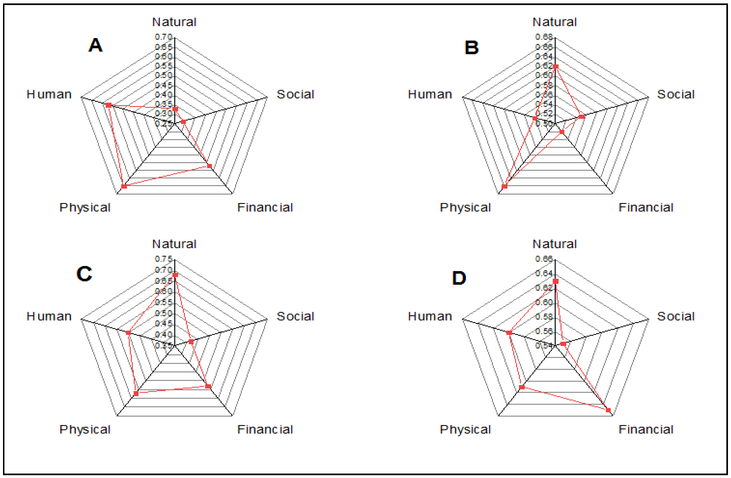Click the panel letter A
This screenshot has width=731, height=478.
coord(95,45)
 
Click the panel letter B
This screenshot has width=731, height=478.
coord(472,48)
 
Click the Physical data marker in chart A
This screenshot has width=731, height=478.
coord(124,186)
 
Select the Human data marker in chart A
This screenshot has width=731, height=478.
coord(108,105)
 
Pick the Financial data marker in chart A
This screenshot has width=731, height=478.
coord(209,166)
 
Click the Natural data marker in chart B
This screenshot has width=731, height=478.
coord(556,66)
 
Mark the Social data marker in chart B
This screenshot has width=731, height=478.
coord(582,117)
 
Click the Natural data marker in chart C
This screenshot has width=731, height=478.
coord(175,275)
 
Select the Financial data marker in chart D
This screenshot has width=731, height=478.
coord(608,410)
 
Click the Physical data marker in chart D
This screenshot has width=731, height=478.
coord(522,387)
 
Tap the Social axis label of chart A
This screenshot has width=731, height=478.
coord(295,94)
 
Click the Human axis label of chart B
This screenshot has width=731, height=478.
coord(430,94)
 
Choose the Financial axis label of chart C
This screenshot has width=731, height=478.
coord(265,429)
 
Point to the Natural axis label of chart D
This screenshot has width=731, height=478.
coord(555,244)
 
